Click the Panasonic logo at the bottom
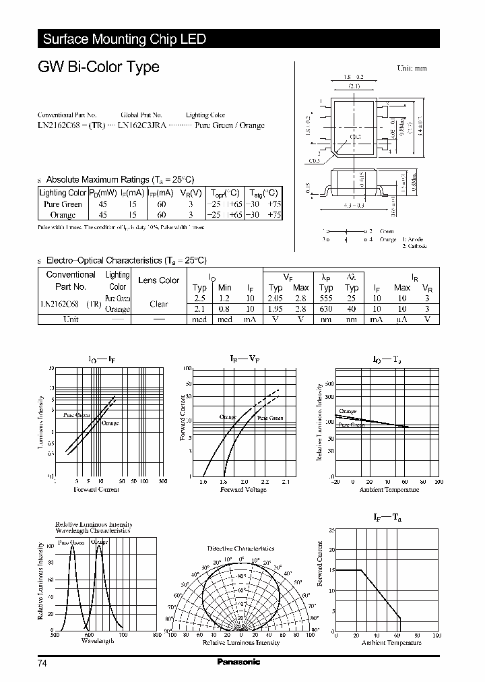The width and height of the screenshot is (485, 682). pos(238,662)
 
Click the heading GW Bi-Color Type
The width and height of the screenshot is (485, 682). pos(98,67)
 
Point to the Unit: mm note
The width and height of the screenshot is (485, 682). pos(412,68)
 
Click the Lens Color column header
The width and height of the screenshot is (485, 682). pos(158,280)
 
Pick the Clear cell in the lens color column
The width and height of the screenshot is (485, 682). pos(159,304)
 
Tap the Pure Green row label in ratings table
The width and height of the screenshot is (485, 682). pos(62,204)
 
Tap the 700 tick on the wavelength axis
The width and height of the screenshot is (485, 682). pos(123,635)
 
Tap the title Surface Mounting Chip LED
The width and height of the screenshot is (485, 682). pos(124,39)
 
